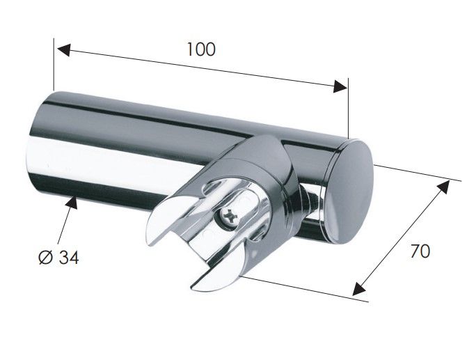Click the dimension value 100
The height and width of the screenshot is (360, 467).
pyautogui.click(x=201, y=49)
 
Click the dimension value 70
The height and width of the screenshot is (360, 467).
pyautogui.click(x=420, y=251)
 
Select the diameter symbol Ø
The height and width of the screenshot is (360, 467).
pyautogui.click(x=46, y=257)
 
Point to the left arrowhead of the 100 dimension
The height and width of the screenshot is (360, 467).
pyautogui.click(x=63, y=49)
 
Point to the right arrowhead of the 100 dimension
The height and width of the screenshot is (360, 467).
pyautogui.click(x=340, y=86)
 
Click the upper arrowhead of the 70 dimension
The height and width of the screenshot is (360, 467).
pyautogui.click(x=443, y=187)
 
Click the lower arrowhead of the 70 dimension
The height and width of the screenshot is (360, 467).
pyautogui.click(x=359, y=288)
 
